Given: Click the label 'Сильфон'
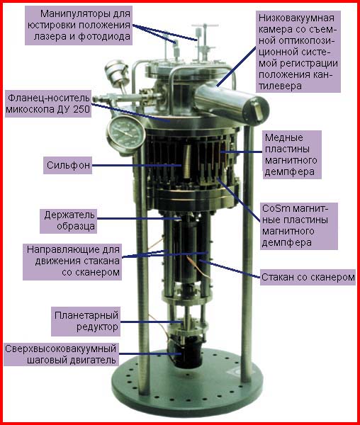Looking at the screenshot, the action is [x=68, y=165].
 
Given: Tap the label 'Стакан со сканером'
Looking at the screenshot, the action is [x=308, y=277].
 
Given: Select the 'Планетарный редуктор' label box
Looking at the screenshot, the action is [x=86, y=321].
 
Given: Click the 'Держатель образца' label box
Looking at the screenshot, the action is [x=69, y=221].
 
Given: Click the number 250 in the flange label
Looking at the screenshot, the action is [x=81, y=109].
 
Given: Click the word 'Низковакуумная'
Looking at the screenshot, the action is [x=296, y=18].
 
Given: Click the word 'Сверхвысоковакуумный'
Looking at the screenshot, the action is [x=60, y=348].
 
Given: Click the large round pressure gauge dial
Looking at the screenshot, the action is [x=125, y=133].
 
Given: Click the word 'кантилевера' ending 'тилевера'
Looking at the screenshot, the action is [x=280, y=86].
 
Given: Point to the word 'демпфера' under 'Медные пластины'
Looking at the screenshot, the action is [x=290, y=172].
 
